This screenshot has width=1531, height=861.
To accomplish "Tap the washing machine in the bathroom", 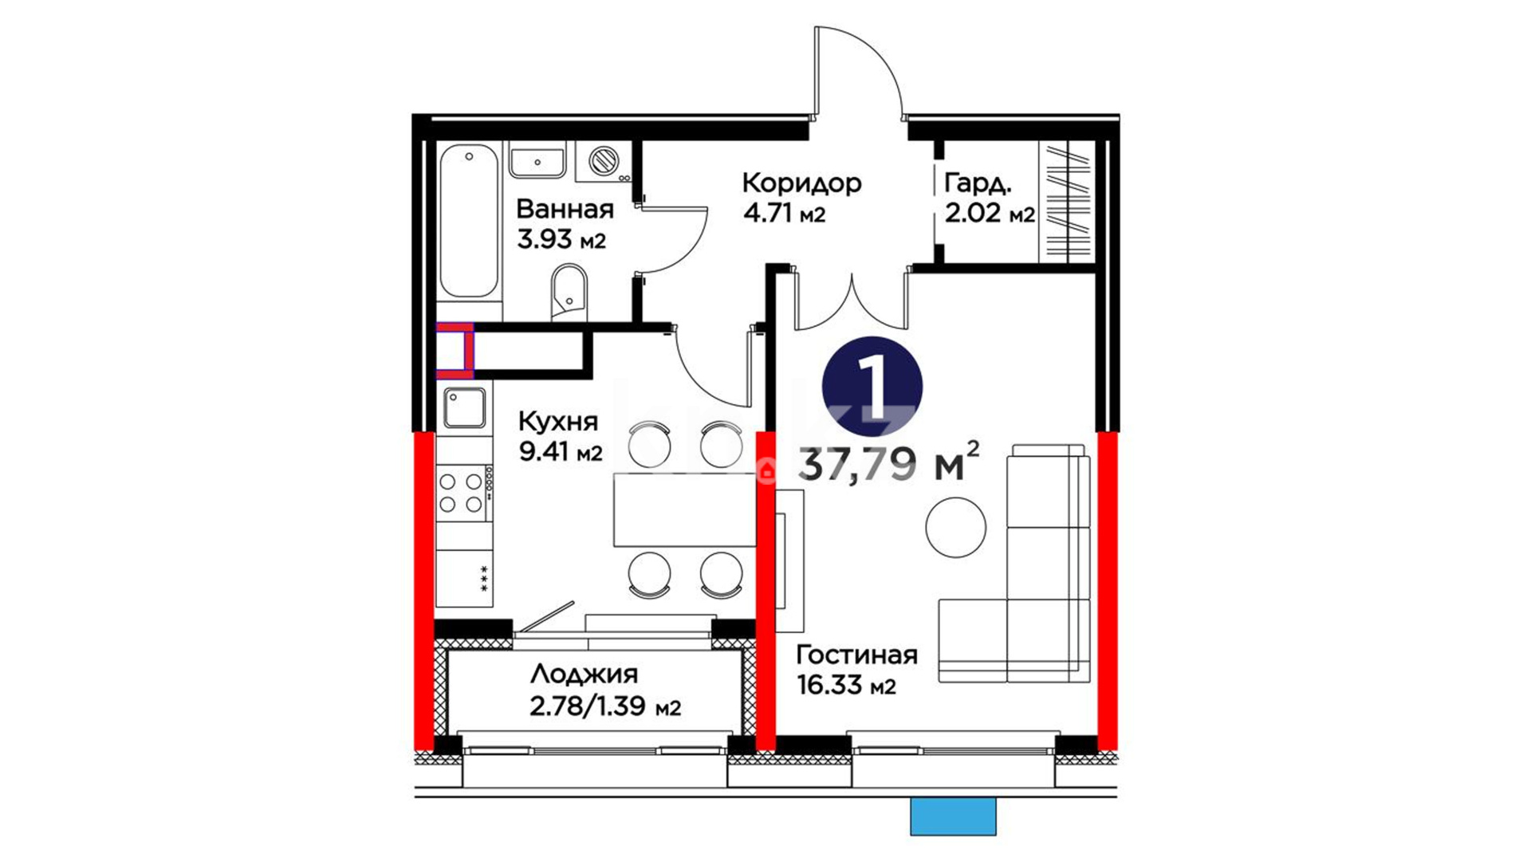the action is pyautogui.click(x=604, y=162).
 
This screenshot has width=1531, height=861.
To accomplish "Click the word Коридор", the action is pyautogui.click(x=801, y=183).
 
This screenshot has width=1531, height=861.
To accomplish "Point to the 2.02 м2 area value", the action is pyautogui.click(x=990, y=214).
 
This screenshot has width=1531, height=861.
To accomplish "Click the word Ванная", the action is pyautogui.click(x=565, y=209).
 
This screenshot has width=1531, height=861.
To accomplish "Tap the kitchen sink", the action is pyautogui.click(x=464, y=408).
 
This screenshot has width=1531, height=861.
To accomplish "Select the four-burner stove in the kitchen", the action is pyautogui.click(x=463, y=493).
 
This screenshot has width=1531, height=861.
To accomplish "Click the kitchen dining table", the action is pyautogui.click(x=684, y=509).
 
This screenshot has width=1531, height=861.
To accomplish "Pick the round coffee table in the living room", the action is pyautogui.click(x=955, y=527).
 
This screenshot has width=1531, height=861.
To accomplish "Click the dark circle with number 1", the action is pyautogui.click(x=872, y=388).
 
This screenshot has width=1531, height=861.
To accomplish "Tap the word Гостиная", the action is pyautogui.click(x=856, y=655).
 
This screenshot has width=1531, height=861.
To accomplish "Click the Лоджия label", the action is pyautogui.click(x=584, y=674).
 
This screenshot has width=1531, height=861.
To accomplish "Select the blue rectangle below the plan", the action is pyautogui.click(x=953, y=816).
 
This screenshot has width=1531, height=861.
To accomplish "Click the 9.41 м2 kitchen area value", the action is pyautogui.click(x=561, y=452).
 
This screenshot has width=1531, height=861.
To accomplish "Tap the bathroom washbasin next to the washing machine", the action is pyautogui.click(x=537, y=161).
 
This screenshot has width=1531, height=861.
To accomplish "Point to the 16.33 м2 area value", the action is pyautogui.click(x=846, y=685).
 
